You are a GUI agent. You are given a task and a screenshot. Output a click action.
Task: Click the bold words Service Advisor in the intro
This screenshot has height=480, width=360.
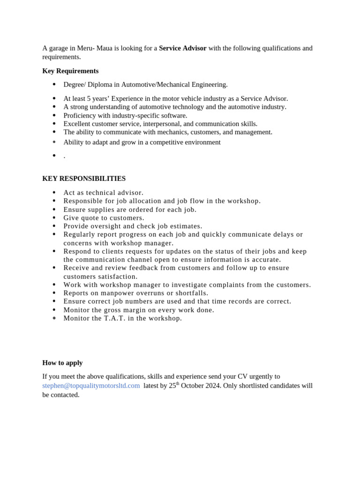(x=182, y=48)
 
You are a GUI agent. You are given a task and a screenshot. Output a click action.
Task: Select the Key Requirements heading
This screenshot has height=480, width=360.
(x=70, y=71)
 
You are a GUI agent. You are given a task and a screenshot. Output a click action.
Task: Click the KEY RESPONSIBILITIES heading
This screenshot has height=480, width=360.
(x=84, y=179)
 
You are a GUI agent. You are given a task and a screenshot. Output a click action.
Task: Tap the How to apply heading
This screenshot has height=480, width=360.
(x=62, y=363)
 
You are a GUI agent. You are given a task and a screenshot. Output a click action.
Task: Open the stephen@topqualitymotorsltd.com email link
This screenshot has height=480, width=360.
(x=91, y=386)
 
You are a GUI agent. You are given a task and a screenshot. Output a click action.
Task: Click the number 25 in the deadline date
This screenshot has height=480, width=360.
(x=172, y=386)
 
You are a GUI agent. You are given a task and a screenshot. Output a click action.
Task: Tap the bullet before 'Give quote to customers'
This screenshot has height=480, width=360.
(x=54, y=218)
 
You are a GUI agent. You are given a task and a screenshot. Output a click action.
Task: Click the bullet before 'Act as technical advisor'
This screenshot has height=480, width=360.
(x=54, y=193)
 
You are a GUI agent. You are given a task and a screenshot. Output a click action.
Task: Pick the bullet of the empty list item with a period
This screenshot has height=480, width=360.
(x=54, y=156)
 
